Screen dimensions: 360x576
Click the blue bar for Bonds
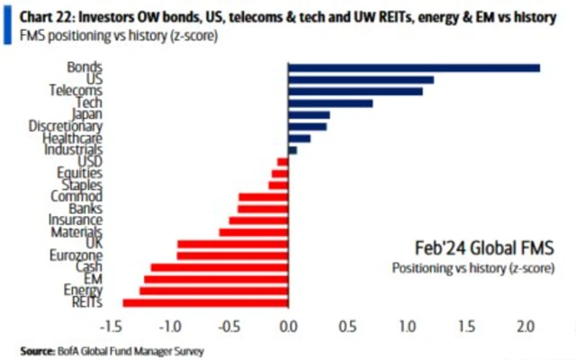414,67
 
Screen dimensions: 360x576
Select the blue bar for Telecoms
355,91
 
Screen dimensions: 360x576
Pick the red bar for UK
232,244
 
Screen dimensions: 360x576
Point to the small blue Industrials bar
292,149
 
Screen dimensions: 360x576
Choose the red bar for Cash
219,267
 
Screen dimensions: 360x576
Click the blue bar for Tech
330,103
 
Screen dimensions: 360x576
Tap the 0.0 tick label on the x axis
287,325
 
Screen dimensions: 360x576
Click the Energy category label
83,290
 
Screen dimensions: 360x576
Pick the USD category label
89,161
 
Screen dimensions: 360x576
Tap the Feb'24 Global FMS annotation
477,247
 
